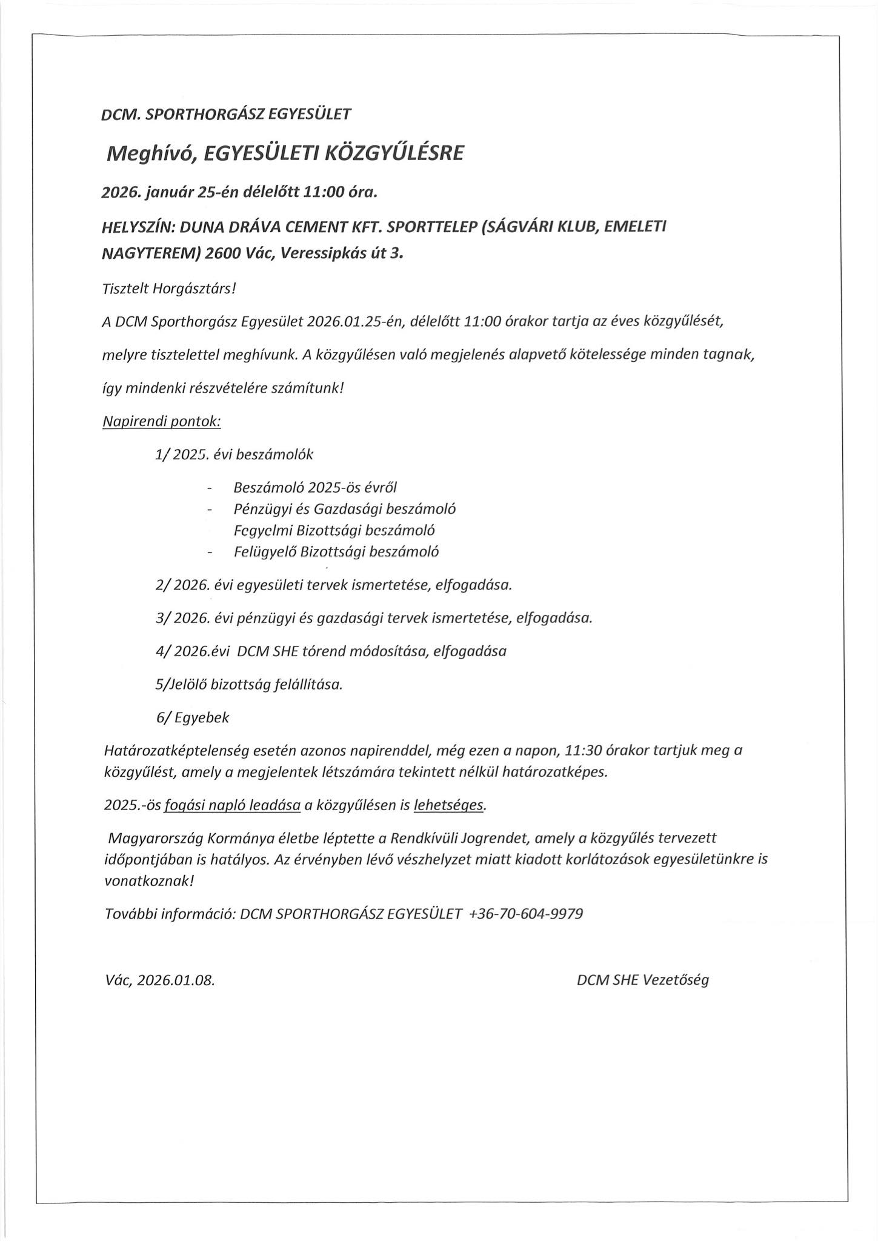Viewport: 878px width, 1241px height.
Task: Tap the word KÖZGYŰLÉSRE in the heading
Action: pyautogui.click(x=394, y=154)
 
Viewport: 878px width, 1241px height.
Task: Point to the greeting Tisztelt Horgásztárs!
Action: pyautogui.click(x=168, y=288)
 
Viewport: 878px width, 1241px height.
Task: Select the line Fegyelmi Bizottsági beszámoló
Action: pyautogui.click(x=334, y=530)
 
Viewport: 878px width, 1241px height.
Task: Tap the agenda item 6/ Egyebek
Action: pyautogui.click(x=193, y=717)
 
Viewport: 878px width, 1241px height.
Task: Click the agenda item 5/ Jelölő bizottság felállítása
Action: pyautogui.click(x=249, y=685)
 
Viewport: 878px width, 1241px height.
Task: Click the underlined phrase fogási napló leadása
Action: pyautogui.click(x=233, y=805)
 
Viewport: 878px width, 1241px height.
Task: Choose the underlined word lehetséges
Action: pyautogui.click(x=449, y=805)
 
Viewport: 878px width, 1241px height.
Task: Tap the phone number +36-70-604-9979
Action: pyautogui.click(x=526, y=914)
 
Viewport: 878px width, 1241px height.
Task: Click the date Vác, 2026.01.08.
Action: pyautogui.click(x=159, y=980)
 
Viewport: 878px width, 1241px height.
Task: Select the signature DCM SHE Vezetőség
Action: pyautogui.click(x=642, y=980)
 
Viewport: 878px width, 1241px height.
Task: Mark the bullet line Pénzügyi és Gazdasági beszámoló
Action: pyautogui.click(x=344, y=509)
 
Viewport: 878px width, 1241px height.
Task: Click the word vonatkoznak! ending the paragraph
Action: pyautogui.click(x=149, y=881)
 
